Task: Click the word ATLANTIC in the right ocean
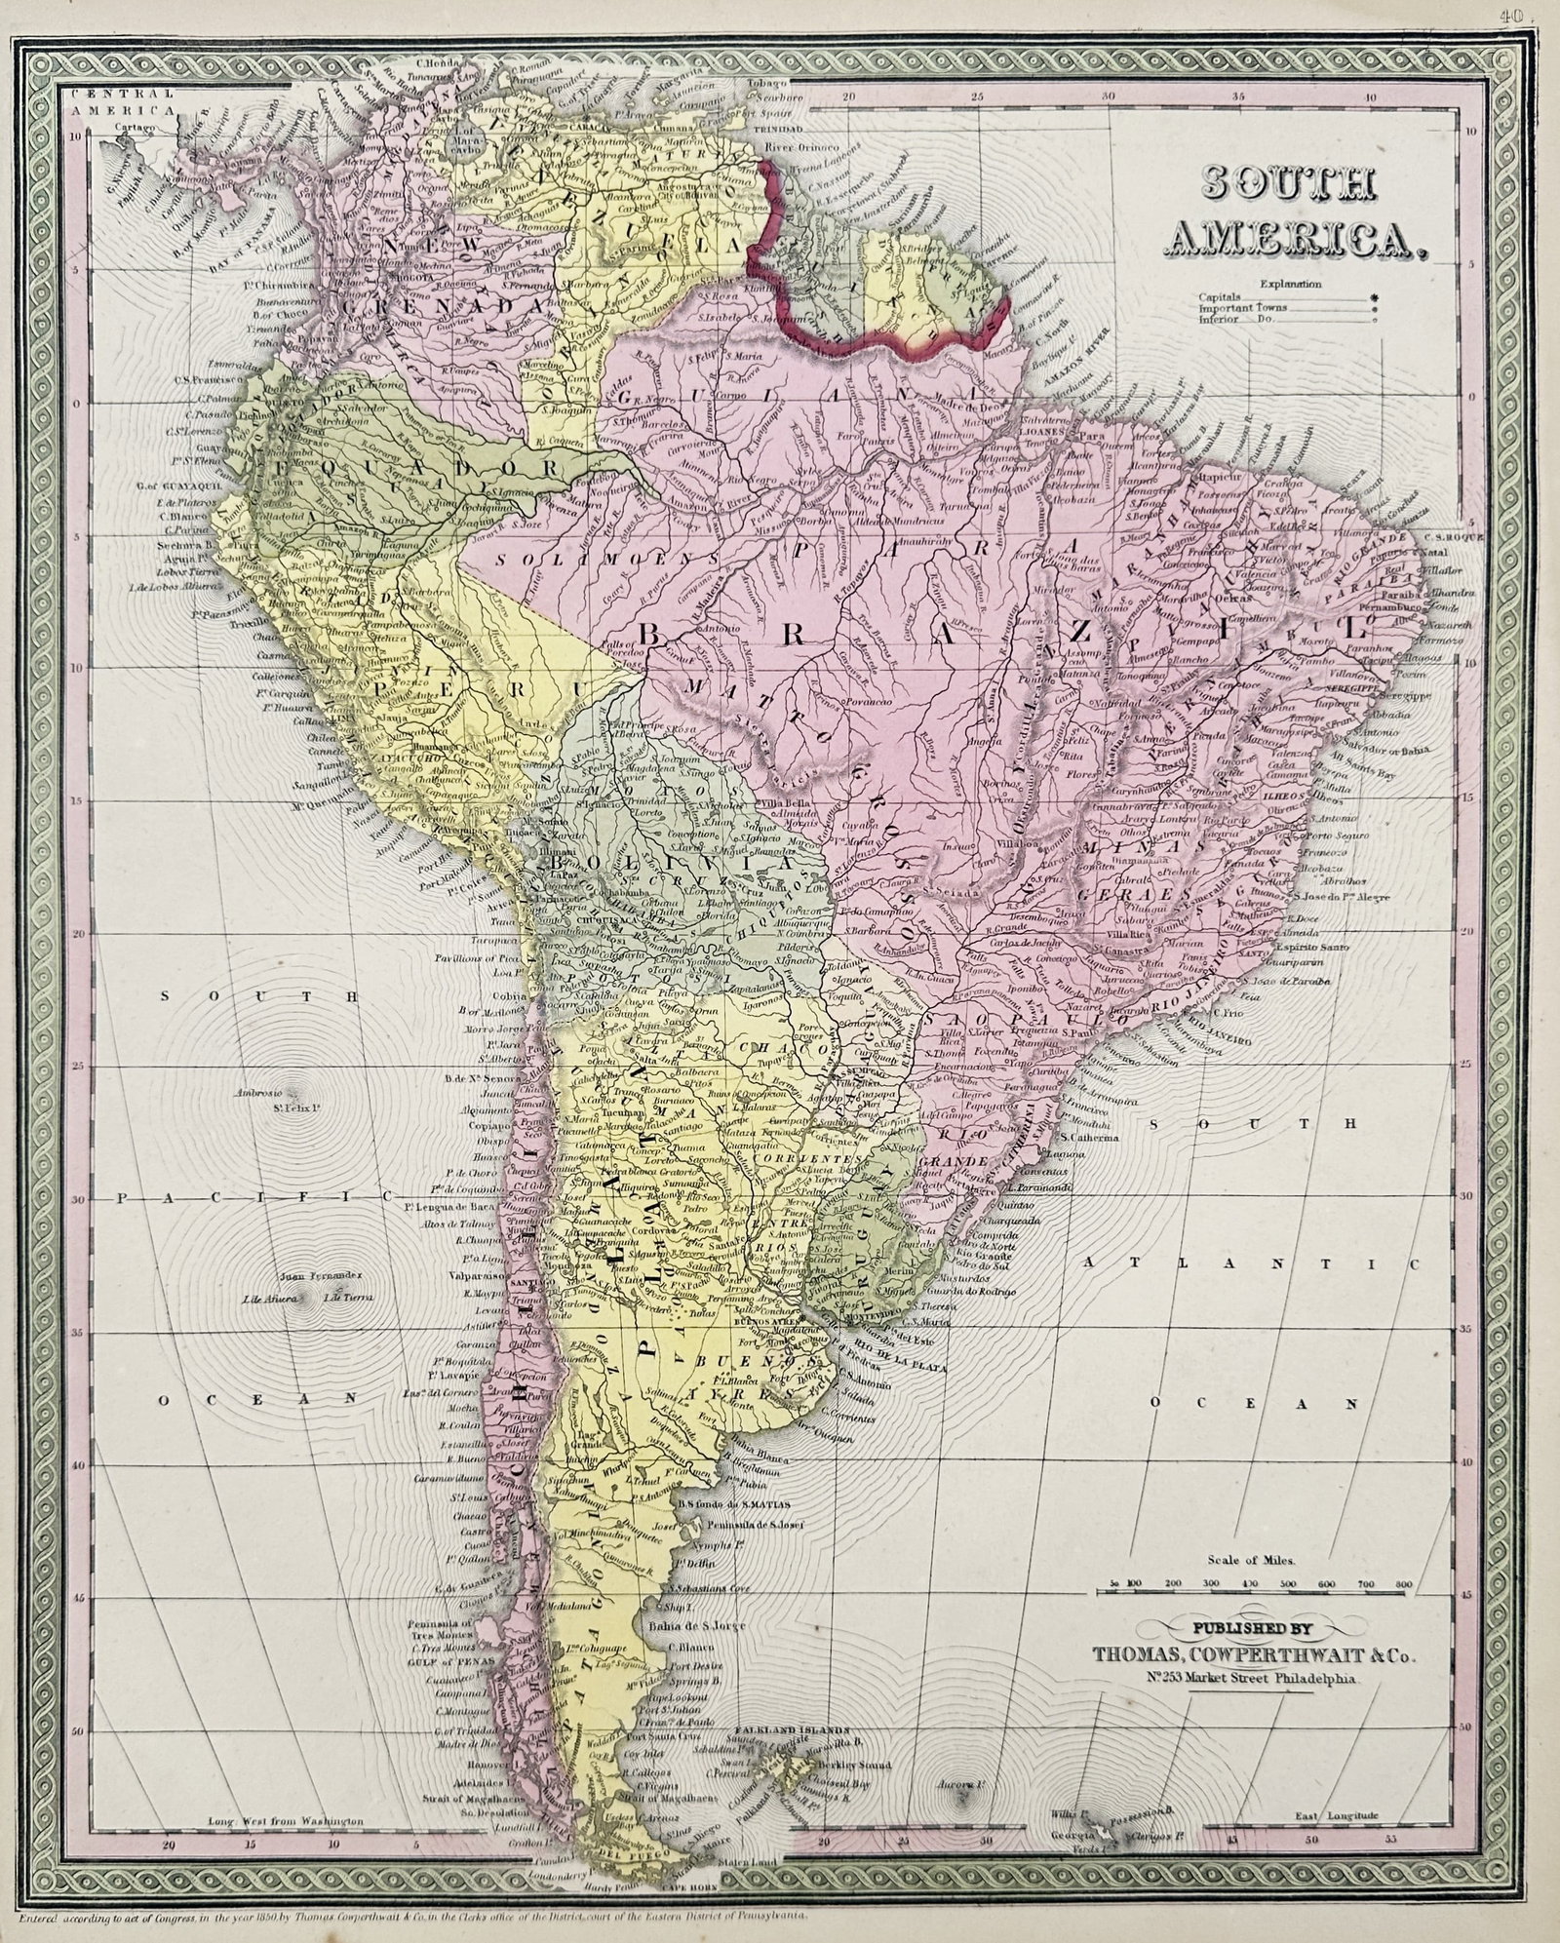[1250, 1263]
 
